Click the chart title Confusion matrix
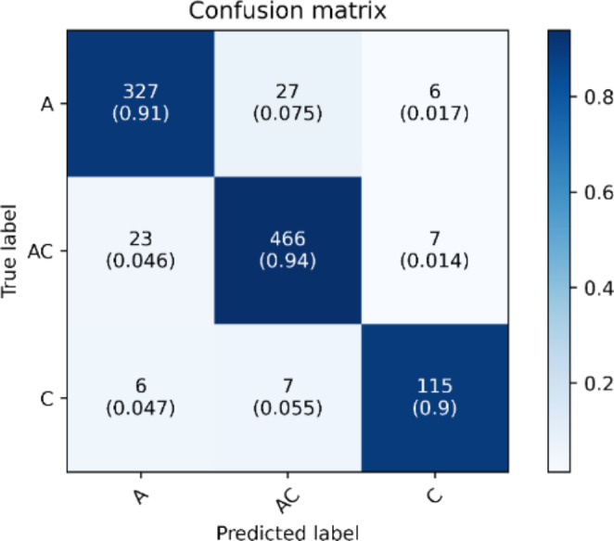coord(288,12)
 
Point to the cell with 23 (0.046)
coord(138,251)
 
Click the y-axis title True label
coord(11,251)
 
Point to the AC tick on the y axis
coord(40,251)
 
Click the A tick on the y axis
coord(46,105)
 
